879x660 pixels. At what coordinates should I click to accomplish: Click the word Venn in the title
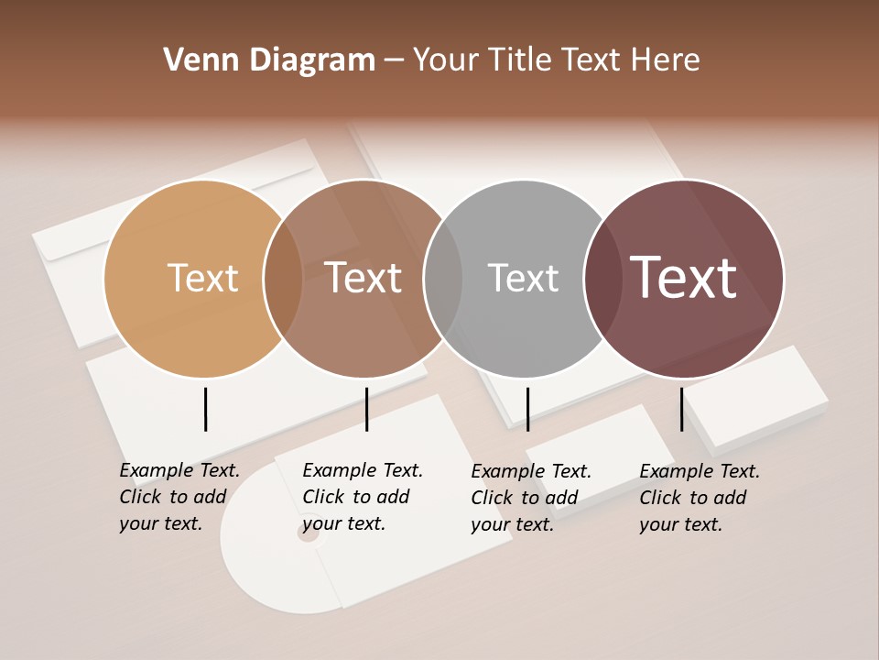point(196,60)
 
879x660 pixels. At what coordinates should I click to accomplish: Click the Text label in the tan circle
point(202,278)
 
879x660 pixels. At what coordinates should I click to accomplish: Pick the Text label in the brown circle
point(364,278)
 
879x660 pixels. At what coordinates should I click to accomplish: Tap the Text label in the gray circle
point(523,278)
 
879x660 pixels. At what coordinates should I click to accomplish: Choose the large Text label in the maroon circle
point(684,278)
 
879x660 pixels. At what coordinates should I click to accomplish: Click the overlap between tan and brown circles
point(283,279)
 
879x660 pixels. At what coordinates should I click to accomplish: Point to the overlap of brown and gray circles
point(443,279)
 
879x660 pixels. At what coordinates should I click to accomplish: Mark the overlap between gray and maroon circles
point(602,279)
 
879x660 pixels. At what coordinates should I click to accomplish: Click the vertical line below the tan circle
point(206,409)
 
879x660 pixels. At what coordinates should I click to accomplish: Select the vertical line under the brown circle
point(366,409)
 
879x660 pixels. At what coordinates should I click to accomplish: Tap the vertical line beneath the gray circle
point(527,409)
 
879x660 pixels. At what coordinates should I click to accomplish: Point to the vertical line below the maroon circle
point(681,409)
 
